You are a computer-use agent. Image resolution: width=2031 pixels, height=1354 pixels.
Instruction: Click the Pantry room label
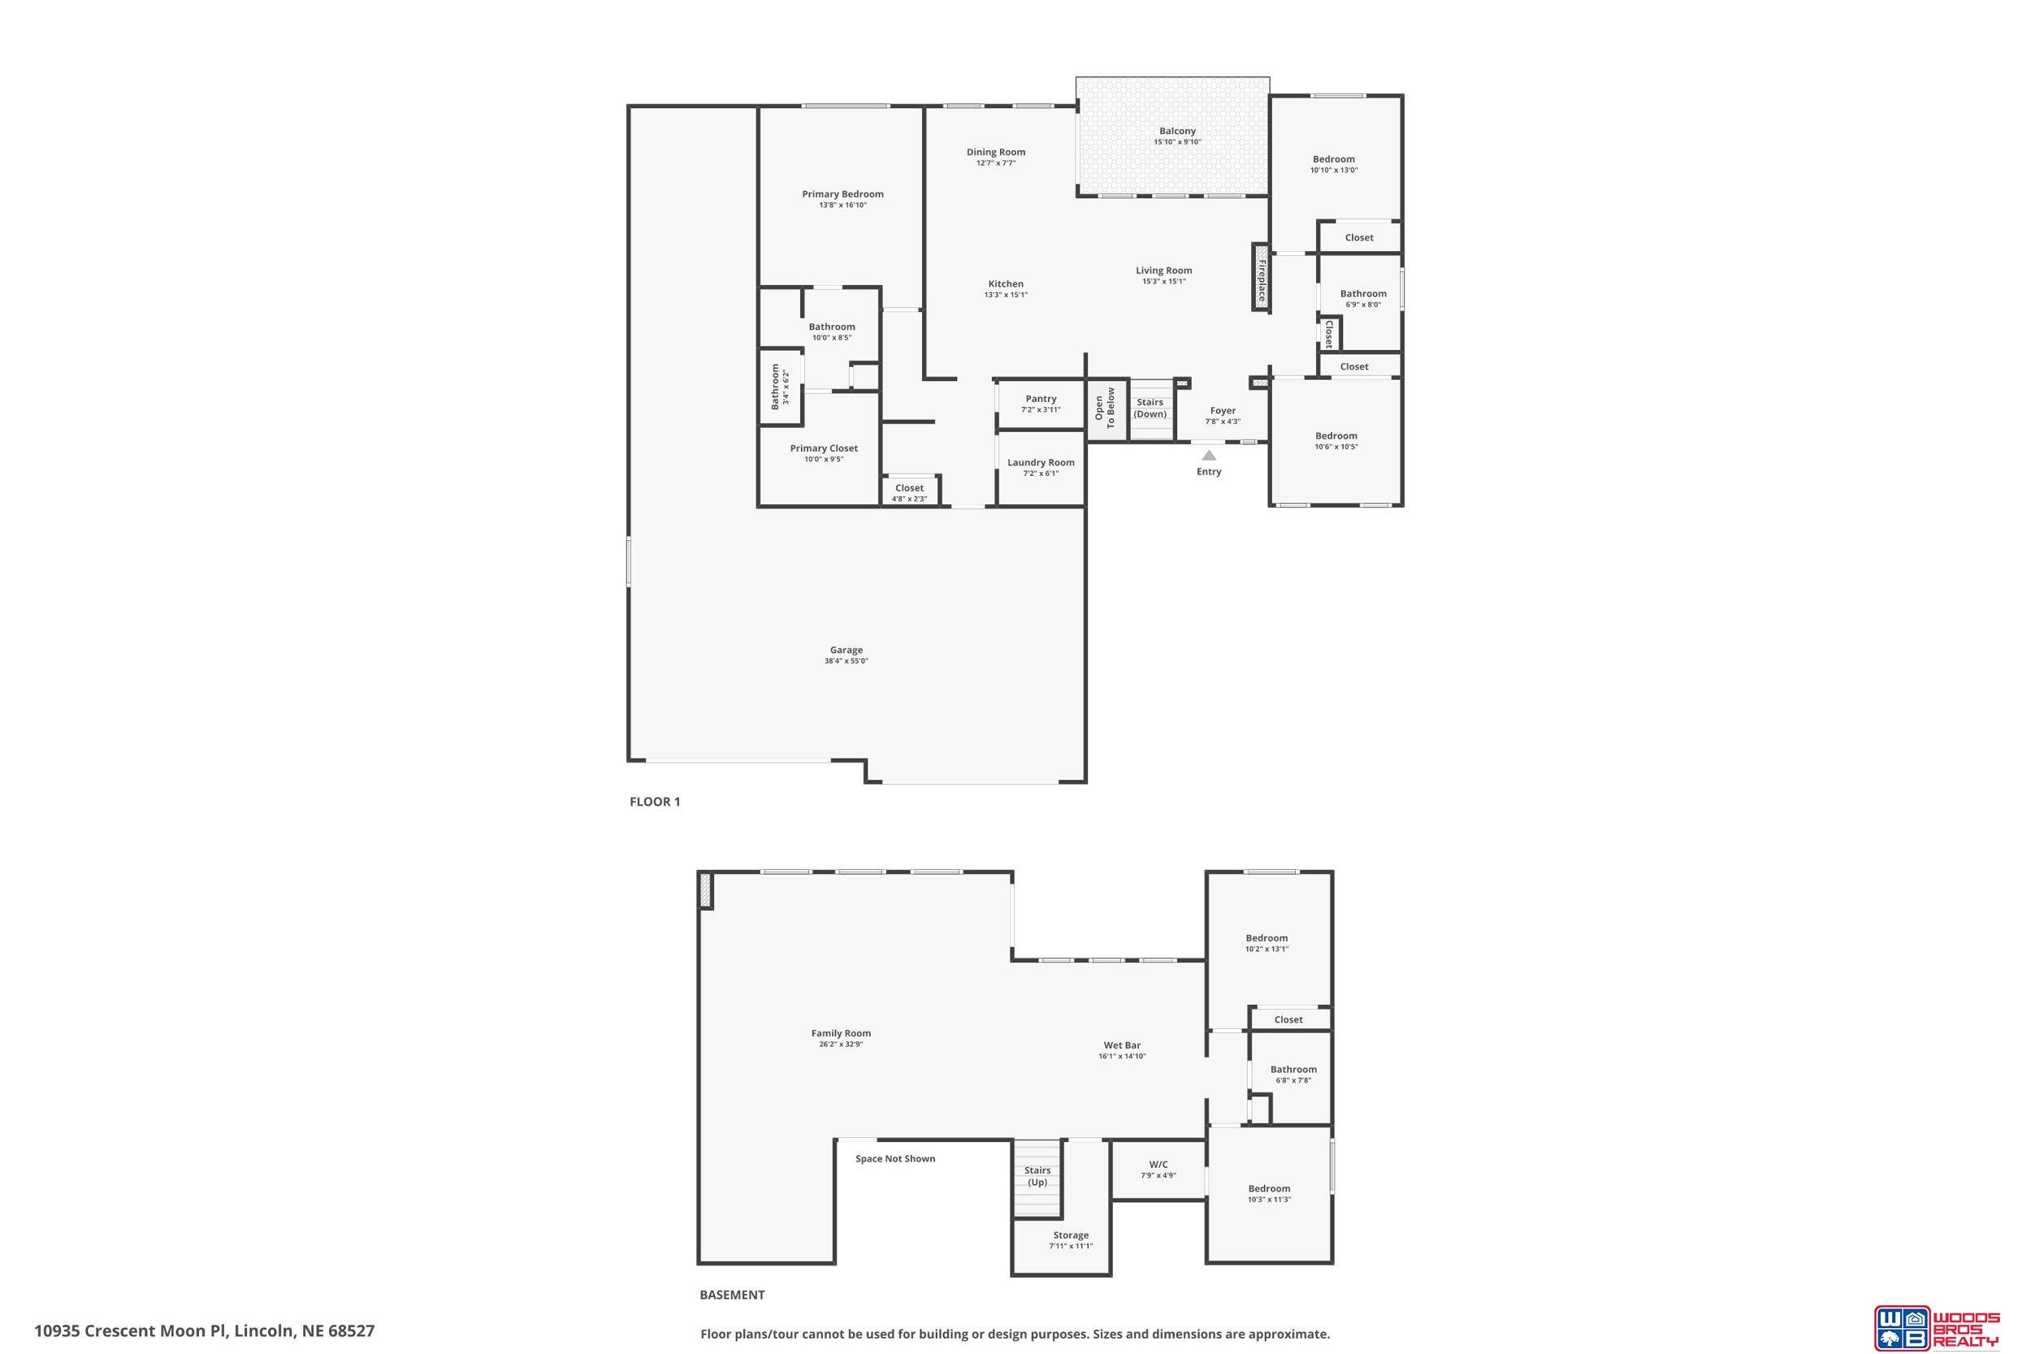(1041, 399)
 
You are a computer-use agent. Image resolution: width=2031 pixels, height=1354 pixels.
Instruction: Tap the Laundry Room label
(1041, 463)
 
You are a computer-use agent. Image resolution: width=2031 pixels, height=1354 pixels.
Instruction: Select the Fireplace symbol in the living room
(1261, 275)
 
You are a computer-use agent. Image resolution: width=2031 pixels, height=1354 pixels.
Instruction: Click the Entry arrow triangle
(1209, 455)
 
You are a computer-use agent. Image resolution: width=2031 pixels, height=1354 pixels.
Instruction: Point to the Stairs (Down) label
(1150, 409)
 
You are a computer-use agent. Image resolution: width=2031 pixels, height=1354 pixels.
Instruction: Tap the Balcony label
(1177, 132)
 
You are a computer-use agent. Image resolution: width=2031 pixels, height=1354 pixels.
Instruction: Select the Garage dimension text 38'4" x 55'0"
(847, 661)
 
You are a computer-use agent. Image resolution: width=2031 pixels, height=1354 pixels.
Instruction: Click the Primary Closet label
(824, 448)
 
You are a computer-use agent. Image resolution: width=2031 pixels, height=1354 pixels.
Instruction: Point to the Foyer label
(1223, 411)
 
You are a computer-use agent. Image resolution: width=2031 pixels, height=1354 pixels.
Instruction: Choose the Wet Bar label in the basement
(1122, 1045)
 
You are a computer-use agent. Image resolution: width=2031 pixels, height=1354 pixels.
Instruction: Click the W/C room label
(1158, 1164)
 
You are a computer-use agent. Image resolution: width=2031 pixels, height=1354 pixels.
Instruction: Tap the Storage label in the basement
(1071, 1235)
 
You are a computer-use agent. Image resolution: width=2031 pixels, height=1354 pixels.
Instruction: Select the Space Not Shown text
(895, 1159)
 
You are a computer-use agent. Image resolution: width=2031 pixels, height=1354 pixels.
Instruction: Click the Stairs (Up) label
(1037, 1177)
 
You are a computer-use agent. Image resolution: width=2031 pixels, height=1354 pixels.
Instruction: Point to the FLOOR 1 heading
(655, 802)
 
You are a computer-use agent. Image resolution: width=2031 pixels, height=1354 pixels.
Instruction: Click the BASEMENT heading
(732, 1295)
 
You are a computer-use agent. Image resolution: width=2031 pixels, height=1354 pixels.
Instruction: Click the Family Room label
(841, 1034)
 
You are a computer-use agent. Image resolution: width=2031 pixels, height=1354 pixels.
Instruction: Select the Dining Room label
(996, 152)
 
